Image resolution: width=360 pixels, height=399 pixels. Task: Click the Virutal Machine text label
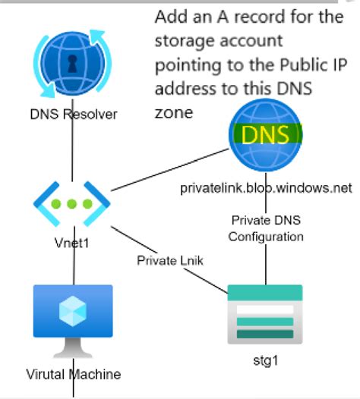(x=73, y=375)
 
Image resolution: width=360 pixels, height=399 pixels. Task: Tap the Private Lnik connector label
(x=171, y=260)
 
